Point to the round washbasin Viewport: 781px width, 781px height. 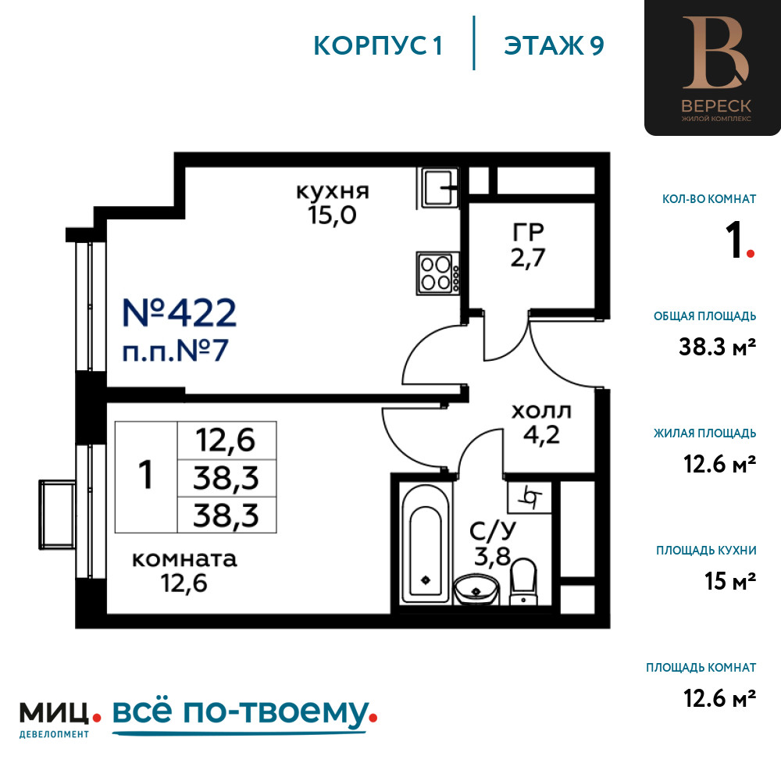(476, 588)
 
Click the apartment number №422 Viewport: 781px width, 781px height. (179, 313)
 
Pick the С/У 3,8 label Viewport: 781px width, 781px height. (492, 544)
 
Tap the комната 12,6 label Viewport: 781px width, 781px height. (184, 571)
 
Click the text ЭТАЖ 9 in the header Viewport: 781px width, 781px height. (554, 46)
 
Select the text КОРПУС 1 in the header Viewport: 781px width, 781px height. (379, 46)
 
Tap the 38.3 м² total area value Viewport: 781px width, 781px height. (718, 348)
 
